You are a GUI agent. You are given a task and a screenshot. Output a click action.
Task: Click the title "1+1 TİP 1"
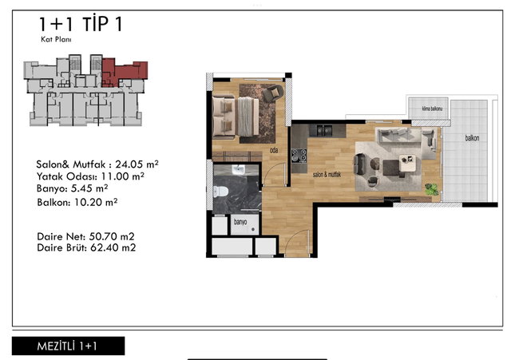pos(81,24)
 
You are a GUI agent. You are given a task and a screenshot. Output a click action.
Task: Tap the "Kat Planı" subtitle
pos(56,39)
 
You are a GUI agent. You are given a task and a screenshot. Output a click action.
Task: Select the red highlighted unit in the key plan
pos(124,73)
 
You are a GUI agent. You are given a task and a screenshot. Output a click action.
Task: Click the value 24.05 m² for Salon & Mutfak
pos(137,164)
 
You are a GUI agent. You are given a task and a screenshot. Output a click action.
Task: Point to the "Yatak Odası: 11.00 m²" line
pos(90,176)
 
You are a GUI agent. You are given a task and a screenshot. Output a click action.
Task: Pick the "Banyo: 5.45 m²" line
pos(73,188)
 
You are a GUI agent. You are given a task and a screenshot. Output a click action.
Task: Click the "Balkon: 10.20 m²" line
pos(77,202)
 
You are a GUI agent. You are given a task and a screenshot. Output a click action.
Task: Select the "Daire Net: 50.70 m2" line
pos(85,236)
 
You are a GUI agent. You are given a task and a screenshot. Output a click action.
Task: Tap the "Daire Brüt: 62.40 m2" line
pos(86,247)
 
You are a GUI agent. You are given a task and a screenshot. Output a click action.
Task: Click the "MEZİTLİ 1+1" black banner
pos(68,346)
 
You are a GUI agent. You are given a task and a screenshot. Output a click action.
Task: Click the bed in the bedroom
pos(236,117)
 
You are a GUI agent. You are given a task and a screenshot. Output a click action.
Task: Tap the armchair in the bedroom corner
pos(272,93)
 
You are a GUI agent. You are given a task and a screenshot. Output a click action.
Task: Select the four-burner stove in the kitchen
pos(299,156)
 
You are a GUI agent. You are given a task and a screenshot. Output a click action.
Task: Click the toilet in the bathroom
pos(220,192)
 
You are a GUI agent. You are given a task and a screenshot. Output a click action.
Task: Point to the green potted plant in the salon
pos(431,189)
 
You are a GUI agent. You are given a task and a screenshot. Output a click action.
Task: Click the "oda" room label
pos(274,150)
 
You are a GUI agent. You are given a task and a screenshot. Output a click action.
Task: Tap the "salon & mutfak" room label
pos(327,175)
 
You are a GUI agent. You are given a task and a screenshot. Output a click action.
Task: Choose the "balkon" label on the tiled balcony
pos(472,138)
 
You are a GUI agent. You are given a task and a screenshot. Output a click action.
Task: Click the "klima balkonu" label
pos(432,109)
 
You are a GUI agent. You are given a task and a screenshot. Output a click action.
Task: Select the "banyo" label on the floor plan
pos(240,222)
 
